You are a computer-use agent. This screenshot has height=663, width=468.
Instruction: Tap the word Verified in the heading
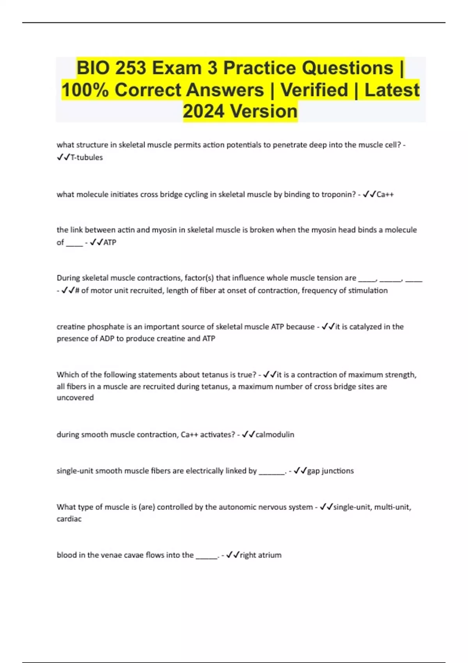314,90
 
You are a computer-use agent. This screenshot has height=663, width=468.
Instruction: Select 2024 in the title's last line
204,111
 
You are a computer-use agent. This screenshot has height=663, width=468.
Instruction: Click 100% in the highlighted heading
85,90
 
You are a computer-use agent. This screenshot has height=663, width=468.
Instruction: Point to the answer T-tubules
87,158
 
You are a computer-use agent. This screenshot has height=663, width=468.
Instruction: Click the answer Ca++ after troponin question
385,195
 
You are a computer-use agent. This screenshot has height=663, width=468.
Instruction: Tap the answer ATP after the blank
110,243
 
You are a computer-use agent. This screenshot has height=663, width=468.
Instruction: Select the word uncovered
75,398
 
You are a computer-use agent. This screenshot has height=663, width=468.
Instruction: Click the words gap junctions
330,471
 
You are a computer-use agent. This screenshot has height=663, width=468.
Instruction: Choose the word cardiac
69,519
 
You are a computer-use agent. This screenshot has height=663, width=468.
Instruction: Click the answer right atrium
261,555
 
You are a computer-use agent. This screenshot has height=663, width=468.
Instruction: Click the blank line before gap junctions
272,472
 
